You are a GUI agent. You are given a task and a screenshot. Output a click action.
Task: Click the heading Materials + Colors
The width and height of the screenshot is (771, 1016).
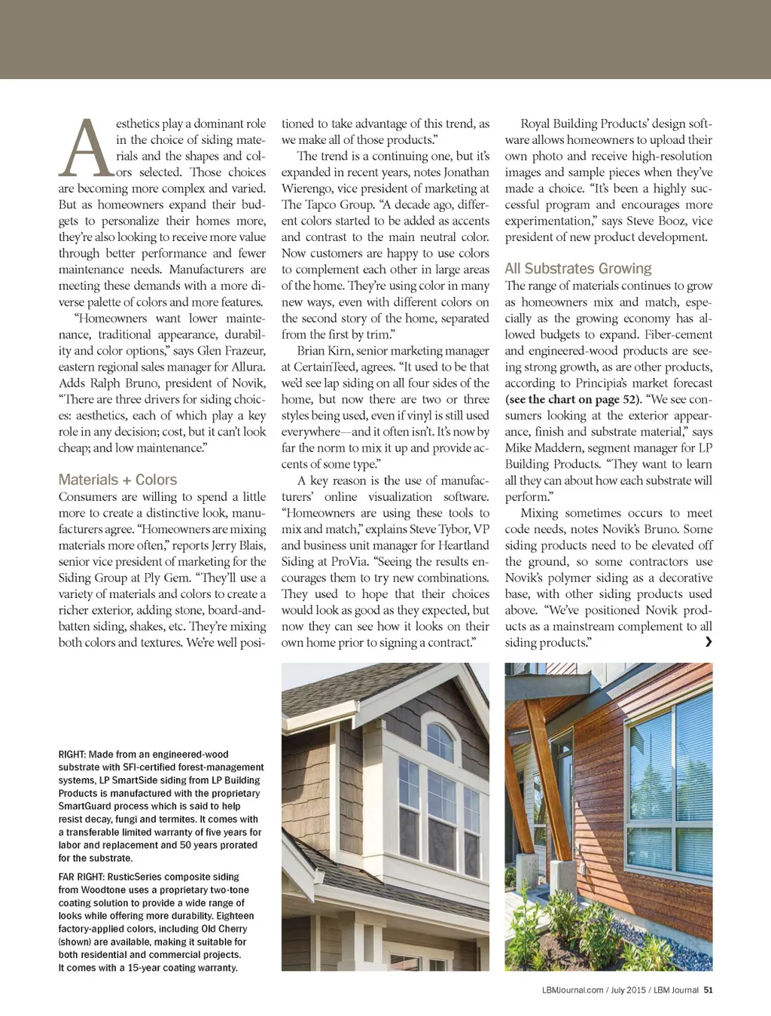pos(117,480)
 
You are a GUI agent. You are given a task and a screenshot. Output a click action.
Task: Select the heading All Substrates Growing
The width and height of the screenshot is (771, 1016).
pos(577,269)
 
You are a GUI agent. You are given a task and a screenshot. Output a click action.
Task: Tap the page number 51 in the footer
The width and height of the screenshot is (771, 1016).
pos(708,990)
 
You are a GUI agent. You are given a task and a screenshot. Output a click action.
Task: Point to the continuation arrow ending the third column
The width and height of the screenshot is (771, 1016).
pos(708,642)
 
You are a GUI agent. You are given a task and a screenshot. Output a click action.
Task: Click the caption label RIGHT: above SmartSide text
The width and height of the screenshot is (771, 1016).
pos(72,755)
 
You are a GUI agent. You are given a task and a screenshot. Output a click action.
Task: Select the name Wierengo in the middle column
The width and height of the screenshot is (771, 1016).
pos(309,189)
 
